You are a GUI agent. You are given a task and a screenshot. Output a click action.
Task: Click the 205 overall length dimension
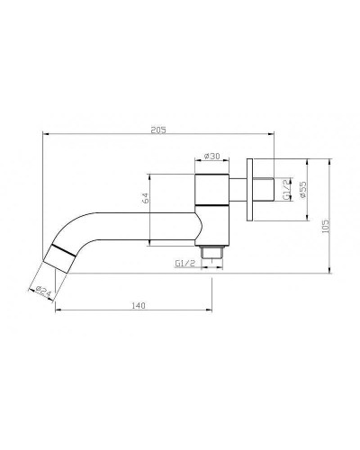pos(157,129)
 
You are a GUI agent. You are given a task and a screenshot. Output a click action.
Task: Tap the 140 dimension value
pos(138,306)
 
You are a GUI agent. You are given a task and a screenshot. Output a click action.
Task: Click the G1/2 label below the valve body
pos(185,264)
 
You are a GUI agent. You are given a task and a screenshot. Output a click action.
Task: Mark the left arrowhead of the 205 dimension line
pos(45,135)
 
